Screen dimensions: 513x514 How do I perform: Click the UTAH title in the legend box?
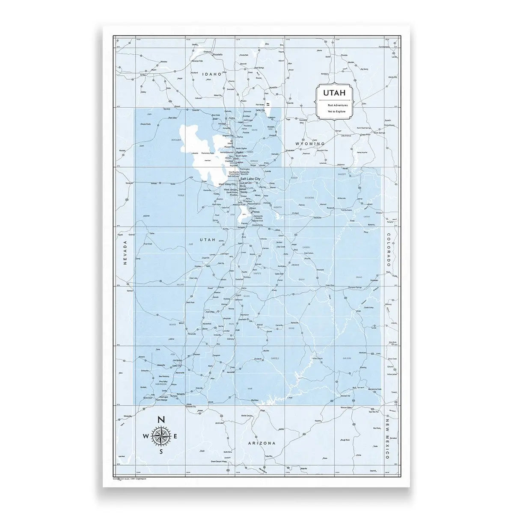[332, 93]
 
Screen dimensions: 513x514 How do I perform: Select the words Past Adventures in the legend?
[332, 105]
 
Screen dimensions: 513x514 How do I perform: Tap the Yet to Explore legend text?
[332, 111]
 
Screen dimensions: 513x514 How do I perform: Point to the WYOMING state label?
[311, 144]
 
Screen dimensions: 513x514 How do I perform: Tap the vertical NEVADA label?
[125, 253]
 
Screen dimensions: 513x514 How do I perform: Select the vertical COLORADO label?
[389, 250]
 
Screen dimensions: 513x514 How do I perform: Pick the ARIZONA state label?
[261, 443]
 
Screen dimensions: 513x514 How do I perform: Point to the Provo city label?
[256, 212]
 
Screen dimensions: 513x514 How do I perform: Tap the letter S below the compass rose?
[161, 451]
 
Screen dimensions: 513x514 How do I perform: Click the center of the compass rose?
[161, 436]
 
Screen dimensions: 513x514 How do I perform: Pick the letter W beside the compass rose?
[146, 436]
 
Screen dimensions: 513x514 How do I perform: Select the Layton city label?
[239, 162]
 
